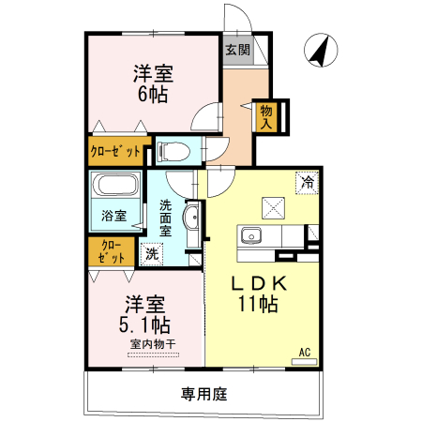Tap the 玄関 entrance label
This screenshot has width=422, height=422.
[x=237, y=49]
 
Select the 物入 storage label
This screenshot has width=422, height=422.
[x=266, y=115]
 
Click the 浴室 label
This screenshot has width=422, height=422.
[x=113, y=216]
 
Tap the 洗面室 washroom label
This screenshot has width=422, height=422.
[x=165, y=218]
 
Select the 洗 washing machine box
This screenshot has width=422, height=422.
[x=151, y=252]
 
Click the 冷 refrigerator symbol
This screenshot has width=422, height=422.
[x=306, y=184]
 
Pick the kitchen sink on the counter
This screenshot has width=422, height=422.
[x=251, y=235]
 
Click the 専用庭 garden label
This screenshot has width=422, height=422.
[x=204, y=394]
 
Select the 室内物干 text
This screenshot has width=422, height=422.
[x=153, y=344]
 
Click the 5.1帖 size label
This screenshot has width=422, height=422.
[x=146, y=324]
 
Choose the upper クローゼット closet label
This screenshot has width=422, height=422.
[x=115, y=150]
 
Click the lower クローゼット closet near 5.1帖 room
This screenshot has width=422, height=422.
[x=112, y=252]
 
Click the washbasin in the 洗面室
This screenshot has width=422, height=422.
[x=192, y=219]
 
